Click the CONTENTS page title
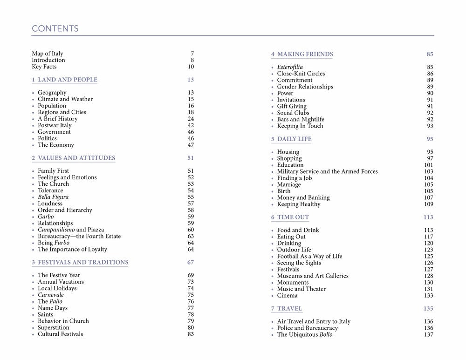click(55, 29)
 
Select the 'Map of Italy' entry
click(48, 54)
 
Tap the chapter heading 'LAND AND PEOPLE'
click(68, 80)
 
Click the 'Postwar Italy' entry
click(55, 125)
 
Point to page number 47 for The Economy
click(191, 145)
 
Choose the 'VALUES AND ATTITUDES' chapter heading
click(76, 158)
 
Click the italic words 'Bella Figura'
click(53, 197)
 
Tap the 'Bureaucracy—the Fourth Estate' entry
click(79, 236)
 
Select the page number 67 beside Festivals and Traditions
click(191, 262)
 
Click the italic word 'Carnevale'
click(51, 295)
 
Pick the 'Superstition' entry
click(54, 327)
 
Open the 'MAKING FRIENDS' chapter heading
click(305, 54)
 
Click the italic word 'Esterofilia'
click(290, 67)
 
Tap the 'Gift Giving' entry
click(292, 106)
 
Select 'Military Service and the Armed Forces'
click(327, 171)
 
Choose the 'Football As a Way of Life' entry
click(309, 256)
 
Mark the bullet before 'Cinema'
click(273, 296)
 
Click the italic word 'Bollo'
click(326, 334)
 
